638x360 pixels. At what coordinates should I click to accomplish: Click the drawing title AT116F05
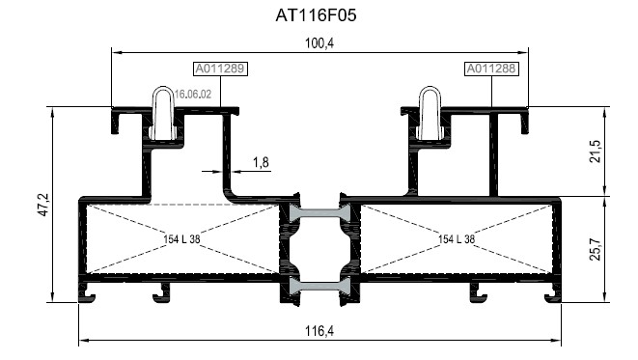(319, 16)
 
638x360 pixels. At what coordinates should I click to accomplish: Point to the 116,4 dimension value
(319, 331)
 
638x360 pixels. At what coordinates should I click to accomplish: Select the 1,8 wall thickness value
(261, 162)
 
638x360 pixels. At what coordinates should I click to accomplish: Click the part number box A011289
(221, 69)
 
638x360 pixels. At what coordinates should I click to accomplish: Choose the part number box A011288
(491, 69)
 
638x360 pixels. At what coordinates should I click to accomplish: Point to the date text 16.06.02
(192, 95)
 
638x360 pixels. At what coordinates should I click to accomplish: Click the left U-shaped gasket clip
(164, 111)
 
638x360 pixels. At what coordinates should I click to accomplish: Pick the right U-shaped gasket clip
(430, 111)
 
